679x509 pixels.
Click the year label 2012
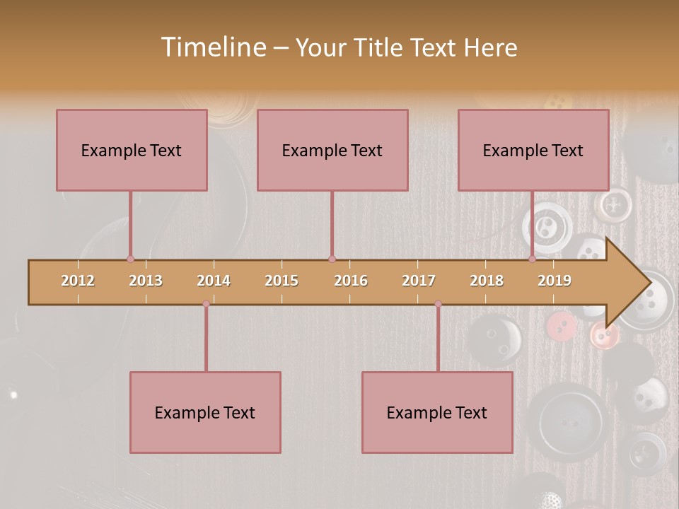pyautogui.click(x=78, y=281)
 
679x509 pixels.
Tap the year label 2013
pyautogui.click(x=146, y=281)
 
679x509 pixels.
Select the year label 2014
pyautogui.click(x=214, y=281)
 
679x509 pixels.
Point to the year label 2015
pyautogui.click(x=282, y=281)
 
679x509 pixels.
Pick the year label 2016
pyautogui.click(x=351, y=281)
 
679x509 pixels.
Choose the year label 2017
pyautogui.click(x=419, y=281)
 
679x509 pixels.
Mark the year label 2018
pyautogui.click(x=487, y=281)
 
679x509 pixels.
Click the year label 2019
pyautogui.click(x=555, y=281)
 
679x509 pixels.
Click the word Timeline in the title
pyautogui.click(x=213, y=47)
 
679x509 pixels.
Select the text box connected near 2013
pyautogui.click(x=132, y=150)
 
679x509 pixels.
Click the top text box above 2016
pyautogui.click(x=332, y=150)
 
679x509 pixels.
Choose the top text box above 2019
pyautogui.click(x=533, y=150)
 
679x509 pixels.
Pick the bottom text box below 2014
pyautogui.click(x=205, y=412)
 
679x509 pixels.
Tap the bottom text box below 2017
pyautogui.click(x=437, y=412)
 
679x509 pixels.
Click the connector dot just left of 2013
pyautogui.click(x=130, y=259)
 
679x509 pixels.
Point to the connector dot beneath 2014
pyautogui.click(x=206, y=303)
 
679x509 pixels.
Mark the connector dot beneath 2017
pyautogui.click(x=438, y=303)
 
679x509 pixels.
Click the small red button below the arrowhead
pyautogui.click(x=561, y=326)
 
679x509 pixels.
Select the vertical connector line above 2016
pyautogui.click(x=332, y=225)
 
